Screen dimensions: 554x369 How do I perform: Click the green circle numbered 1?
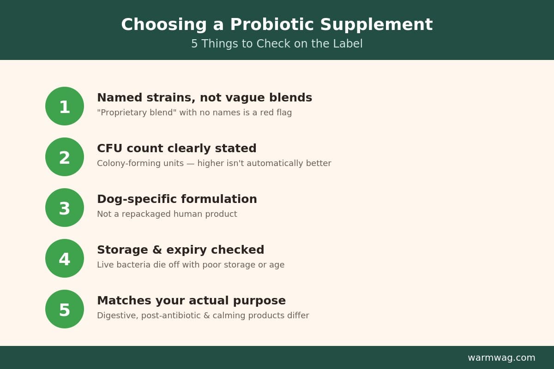[65, 106]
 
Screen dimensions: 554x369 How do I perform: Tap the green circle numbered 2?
[65, 157]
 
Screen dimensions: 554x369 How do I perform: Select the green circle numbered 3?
[65, 208]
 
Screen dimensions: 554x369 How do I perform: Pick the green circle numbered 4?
[65, 258]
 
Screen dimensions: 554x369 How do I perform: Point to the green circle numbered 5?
[65, 309]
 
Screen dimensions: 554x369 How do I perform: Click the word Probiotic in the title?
[272, 25]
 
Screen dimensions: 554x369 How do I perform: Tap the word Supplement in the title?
[376, 25]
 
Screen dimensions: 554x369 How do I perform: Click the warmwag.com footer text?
[501, 357]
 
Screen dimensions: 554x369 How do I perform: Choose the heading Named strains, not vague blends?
[205, 98]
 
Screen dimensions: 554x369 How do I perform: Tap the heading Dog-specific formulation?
[177, 199]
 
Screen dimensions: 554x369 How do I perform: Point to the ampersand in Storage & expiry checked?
[157, 250]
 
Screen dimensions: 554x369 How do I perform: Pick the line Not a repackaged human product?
[167, 214]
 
